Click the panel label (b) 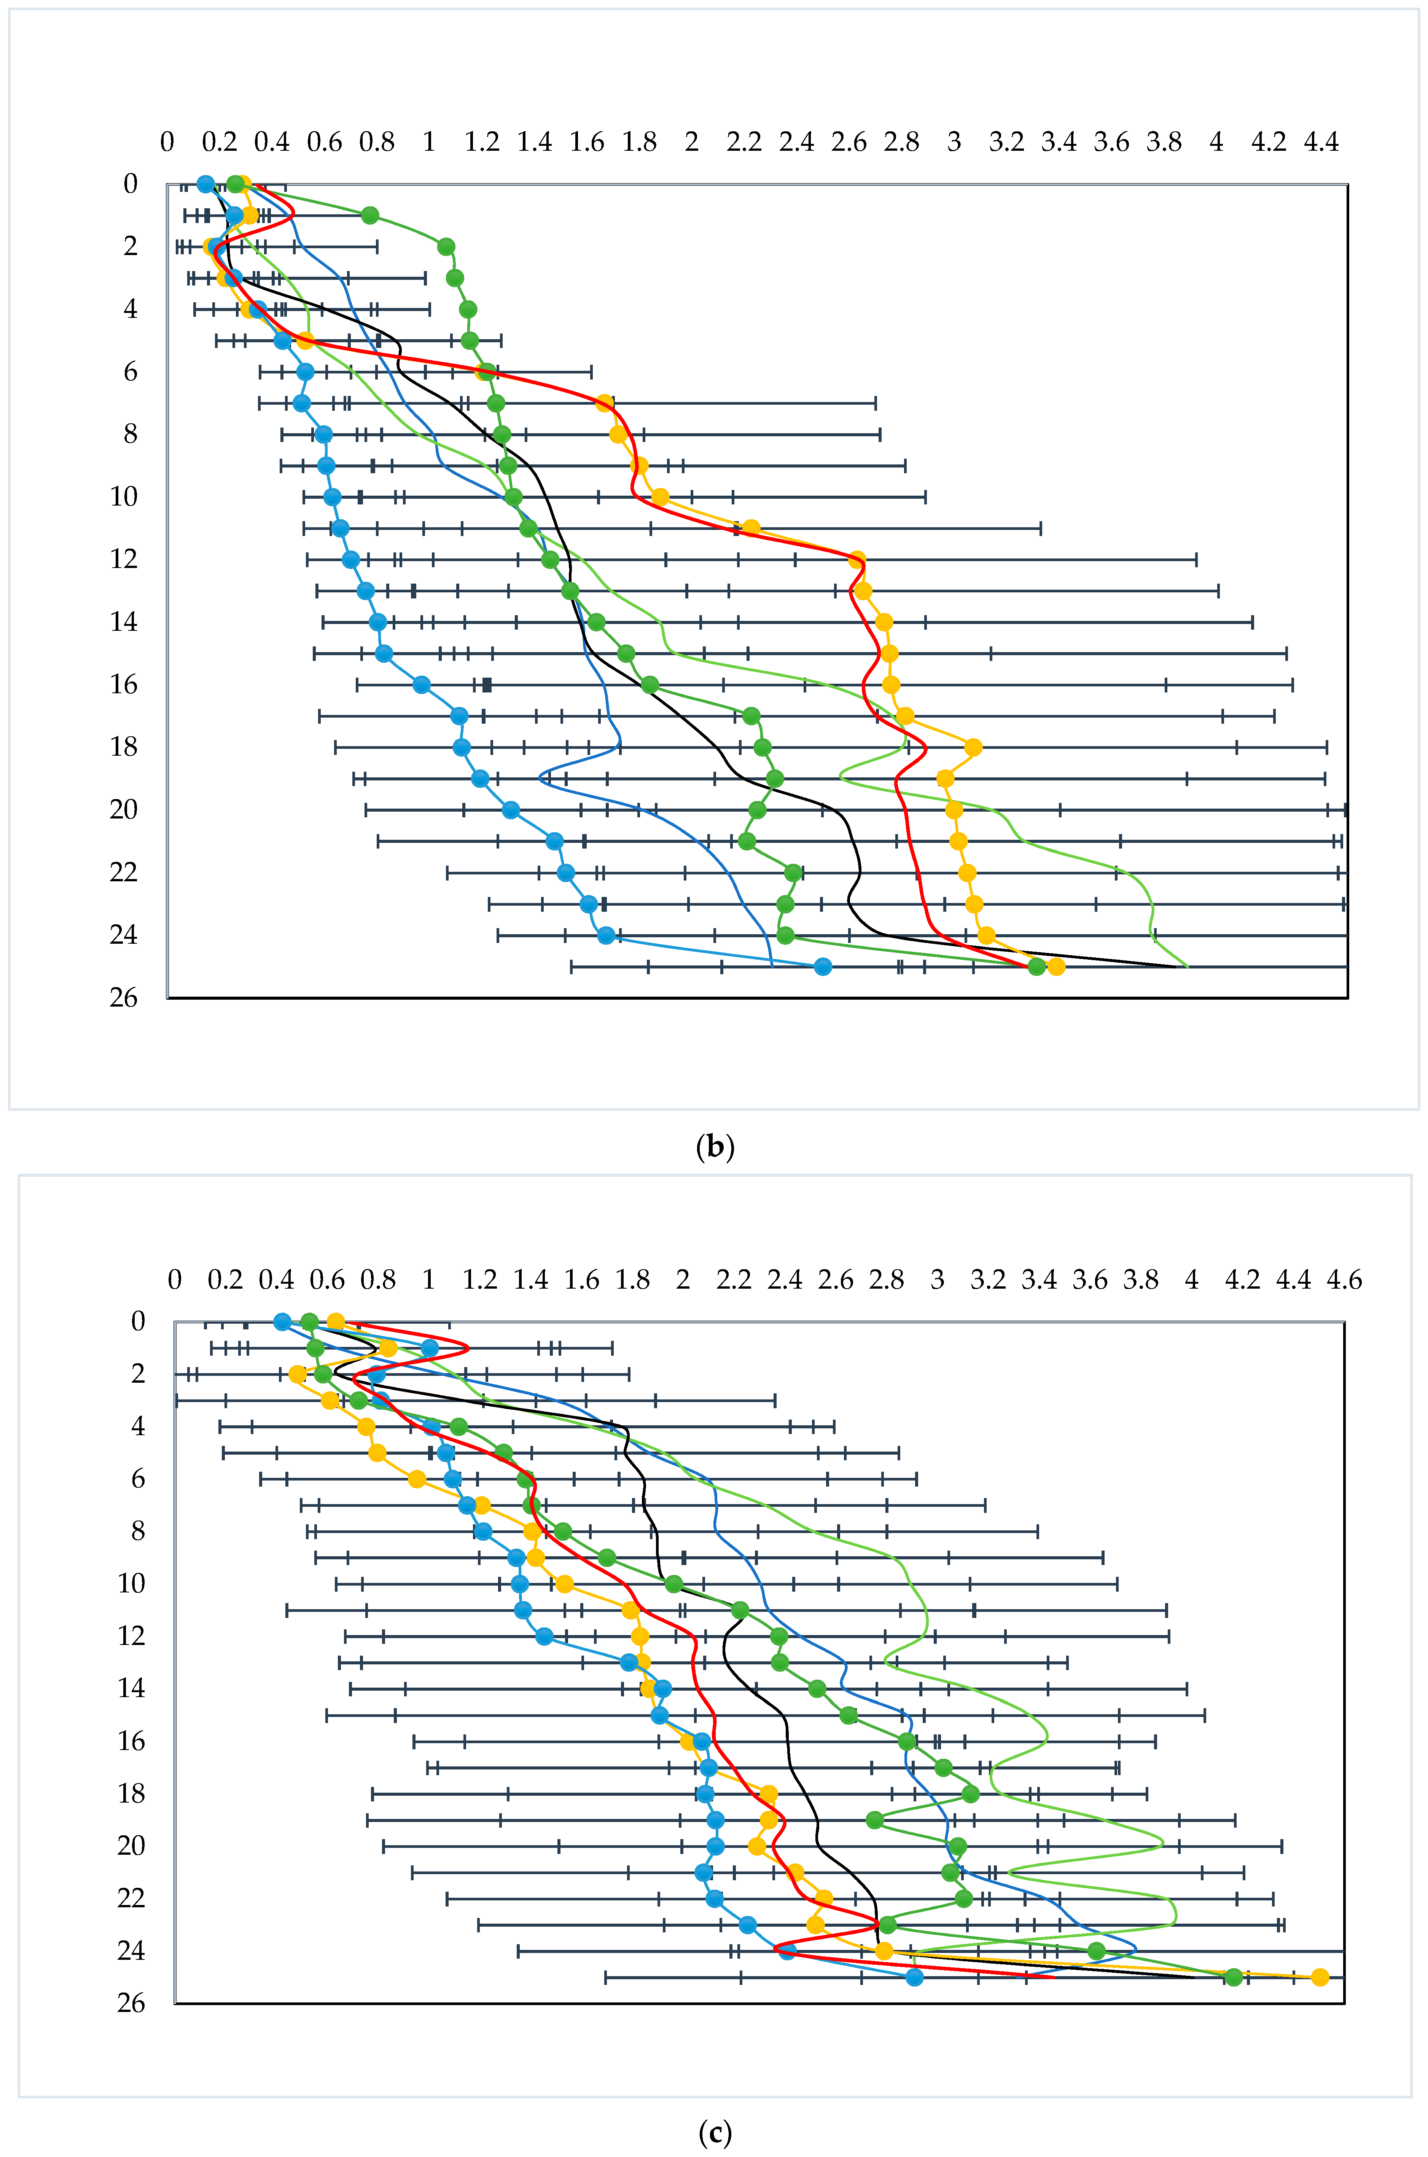pos(714,1146)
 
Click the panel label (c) pos(714,2132)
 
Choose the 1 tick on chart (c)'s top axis pos(429,1280)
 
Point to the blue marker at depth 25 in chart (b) pos(822,967)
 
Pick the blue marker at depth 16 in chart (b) pos(422,684)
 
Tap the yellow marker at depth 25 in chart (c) pos(1320,1977)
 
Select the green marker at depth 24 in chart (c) pos(1097,1950)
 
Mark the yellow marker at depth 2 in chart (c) pos(297,1374)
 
